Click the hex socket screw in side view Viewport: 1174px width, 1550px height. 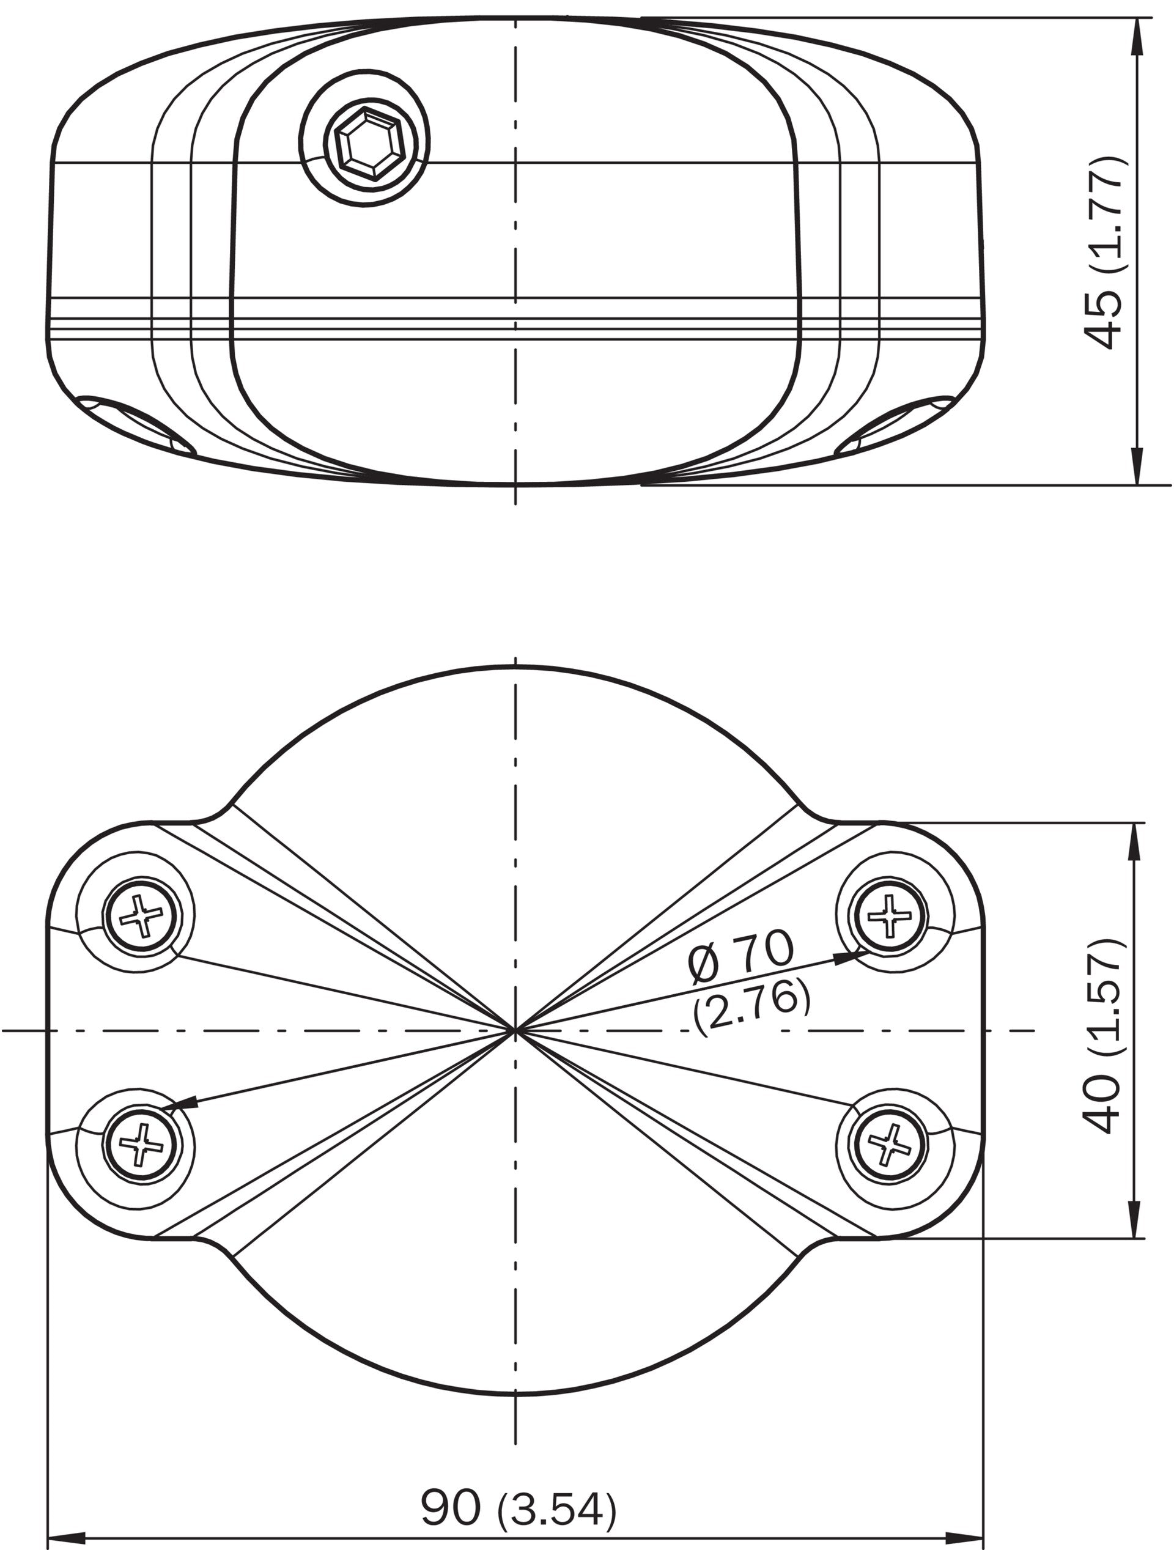coord(364,147)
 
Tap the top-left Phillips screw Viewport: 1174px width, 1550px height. coord(142,915)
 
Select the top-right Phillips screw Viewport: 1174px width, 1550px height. coord(888,915)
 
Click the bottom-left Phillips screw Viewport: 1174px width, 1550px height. coord(142,1145)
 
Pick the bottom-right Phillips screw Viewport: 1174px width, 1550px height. coord(888,1145)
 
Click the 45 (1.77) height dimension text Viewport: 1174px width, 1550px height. coord(1106,253)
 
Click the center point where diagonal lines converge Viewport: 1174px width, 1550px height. coord(515,1030)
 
